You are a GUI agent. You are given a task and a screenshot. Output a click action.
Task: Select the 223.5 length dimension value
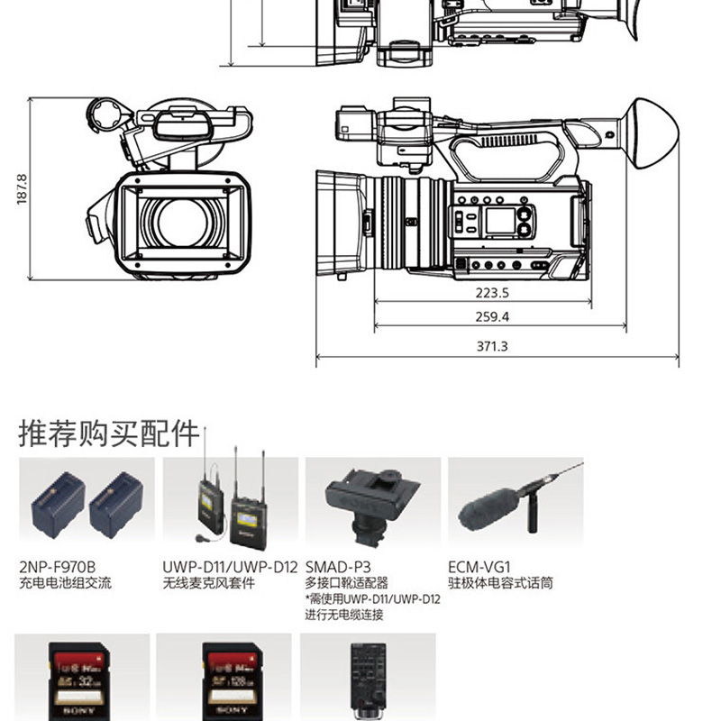coord(491,292)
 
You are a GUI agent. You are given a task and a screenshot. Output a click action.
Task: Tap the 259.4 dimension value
coord(491,316)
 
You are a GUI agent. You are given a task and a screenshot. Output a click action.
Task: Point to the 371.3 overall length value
coord(492,346)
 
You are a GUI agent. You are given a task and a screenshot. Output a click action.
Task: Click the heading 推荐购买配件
coord(109,434)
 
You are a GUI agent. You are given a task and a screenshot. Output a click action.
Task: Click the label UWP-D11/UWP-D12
coord(230,567)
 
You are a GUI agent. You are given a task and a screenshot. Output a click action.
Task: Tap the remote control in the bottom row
coord(368,680)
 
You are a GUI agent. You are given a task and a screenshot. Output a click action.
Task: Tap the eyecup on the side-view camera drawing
coord(653,133)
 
